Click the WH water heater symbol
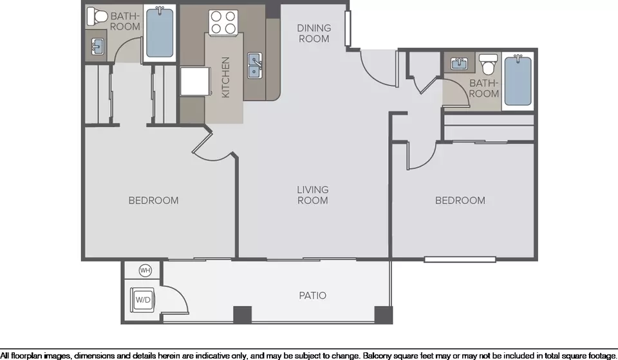coord(145,270)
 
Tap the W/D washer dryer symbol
coord(143,299)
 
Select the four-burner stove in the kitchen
coord(223,22)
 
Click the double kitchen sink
coord(255,66)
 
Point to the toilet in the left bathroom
coord(97,16)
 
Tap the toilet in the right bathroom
coord(489,64)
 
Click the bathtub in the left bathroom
coord(160,32)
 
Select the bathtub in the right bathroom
coord(518,81)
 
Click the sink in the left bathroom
coord(97,46)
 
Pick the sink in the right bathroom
coord(459,63)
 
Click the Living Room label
coord(313,194)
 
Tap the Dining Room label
coord(314,33)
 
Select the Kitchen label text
coord(225,77)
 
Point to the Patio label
coord(313,296)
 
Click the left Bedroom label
coord(153,200)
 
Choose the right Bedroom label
coord(460,200)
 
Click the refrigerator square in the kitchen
coord(196,81)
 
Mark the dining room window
coord(348,28)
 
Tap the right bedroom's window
coord(460,260)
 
